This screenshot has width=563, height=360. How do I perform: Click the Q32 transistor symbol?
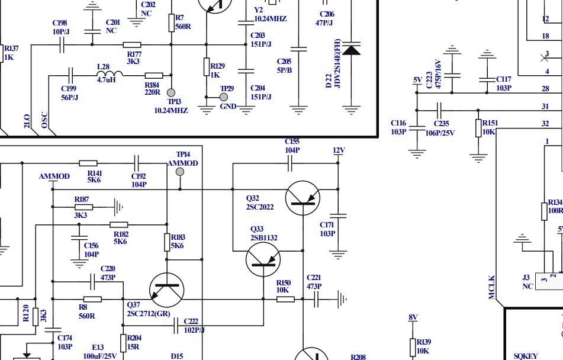point(303,198)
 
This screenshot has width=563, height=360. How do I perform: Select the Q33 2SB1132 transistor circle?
point(263,259)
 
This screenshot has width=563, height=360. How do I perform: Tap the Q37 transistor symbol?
point(166,290)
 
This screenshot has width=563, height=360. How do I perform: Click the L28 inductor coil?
point(110,75)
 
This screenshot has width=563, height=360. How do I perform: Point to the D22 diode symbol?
point(352,50)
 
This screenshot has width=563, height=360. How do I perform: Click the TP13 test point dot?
point(171,93)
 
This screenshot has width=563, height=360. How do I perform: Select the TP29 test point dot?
point(224,97)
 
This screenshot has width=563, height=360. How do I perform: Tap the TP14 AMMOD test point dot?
point(180,172)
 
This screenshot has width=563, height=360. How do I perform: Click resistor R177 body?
point(132,44)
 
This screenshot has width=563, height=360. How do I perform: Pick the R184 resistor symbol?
point(154,75)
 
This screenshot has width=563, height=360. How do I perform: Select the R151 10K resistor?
point(478,128)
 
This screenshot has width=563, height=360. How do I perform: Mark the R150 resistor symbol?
point(285,299)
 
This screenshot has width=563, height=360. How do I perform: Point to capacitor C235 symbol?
point(439,110)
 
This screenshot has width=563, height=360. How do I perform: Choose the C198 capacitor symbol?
point(62,44)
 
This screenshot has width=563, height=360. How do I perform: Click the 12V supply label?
point(339,150)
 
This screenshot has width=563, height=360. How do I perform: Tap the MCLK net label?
point(492,287)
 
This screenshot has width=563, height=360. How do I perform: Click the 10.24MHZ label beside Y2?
point(270,19)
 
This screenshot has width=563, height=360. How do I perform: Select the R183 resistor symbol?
point(167,242)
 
